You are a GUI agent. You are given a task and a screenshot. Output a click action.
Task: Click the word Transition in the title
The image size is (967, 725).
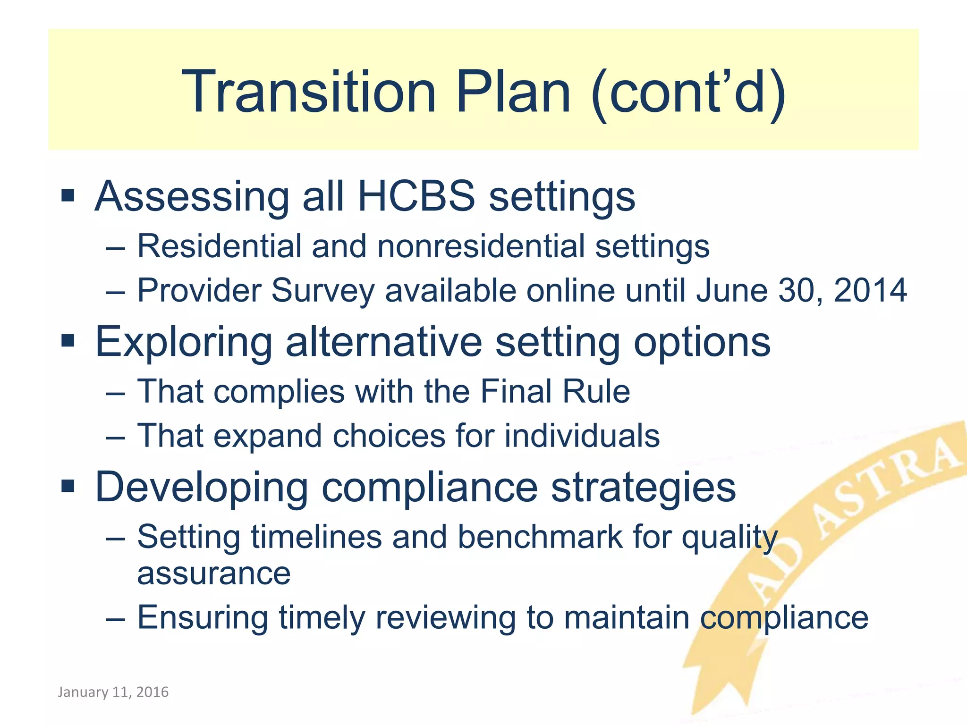pyautogui.click(x=309, y=92)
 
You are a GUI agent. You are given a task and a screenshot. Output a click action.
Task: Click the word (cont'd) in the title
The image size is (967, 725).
pyautogui.click(x=687, y=92)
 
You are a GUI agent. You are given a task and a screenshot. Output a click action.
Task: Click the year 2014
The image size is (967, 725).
pyautogui.click(x=870, y=290)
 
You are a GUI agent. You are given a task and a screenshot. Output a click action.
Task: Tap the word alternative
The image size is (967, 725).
pyautogui.click(x=384, y=342)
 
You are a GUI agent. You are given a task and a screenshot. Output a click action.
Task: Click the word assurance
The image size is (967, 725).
pyautogui.click(x=213, y=574)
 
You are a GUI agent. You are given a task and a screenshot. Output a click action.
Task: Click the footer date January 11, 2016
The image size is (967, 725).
pyautogui.click(x=113, y=692)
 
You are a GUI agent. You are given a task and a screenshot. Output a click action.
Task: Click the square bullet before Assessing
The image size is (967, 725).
pyautogui.click(x=68, y=195)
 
